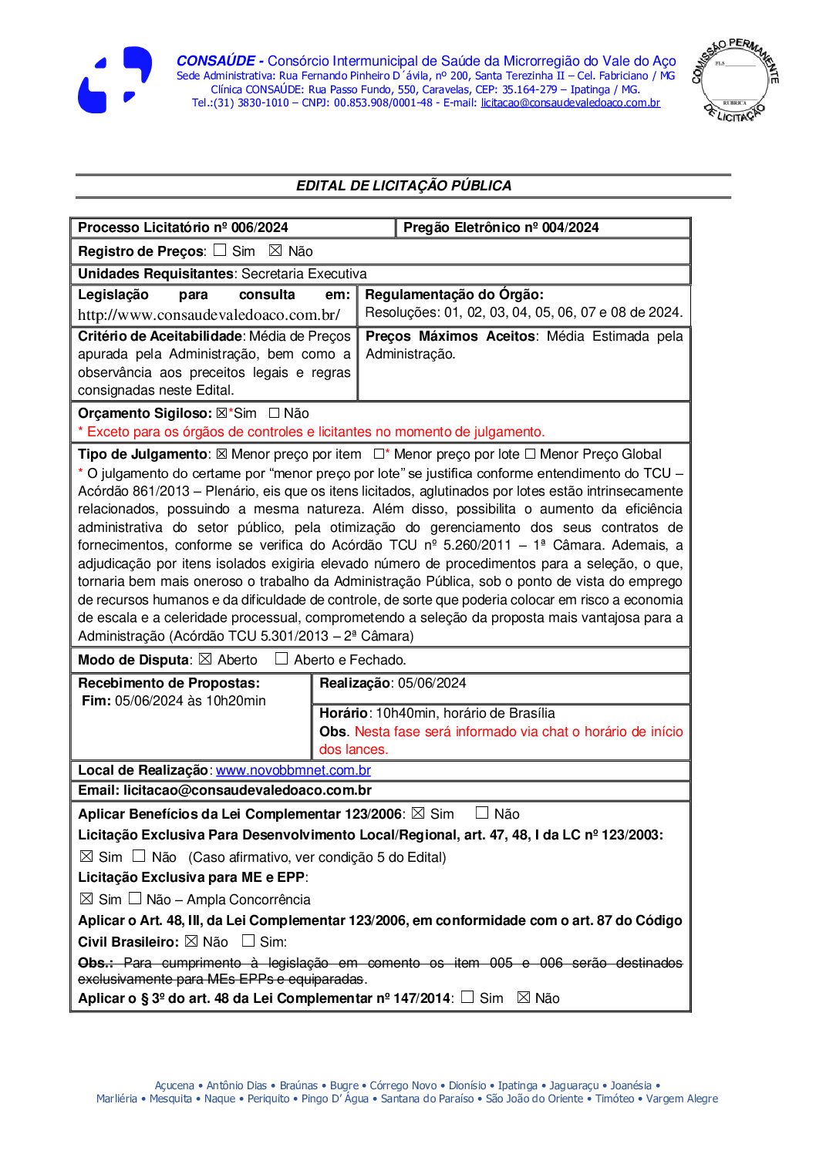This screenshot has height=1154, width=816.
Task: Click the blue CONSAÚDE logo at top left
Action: [115, 80]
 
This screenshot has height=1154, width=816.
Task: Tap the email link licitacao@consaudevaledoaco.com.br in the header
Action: [570, 103]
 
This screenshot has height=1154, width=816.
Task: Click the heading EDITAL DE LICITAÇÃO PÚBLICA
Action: [403, 186]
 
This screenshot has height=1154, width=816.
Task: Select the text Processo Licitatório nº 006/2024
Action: [183, 227]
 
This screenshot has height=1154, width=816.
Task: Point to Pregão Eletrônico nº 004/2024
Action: [501, 227]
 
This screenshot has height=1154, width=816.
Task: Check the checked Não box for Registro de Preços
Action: [275, 251]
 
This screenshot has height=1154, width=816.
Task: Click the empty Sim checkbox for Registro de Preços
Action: [220, 251]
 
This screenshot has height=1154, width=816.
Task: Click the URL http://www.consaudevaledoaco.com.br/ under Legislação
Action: [208, 315]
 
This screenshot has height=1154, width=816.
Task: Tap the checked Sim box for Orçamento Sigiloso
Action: [222, 413]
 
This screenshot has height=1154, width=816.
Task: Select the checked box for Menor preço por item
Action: [221, 454]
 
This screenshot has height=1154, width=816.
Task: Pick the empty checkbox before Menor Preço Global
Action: [530, 454]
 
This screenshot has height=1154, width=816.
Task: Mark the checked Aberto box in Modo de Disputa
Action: [205, 659]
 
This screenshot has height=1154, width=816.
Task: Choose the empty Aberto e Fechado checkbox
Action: [282, 659]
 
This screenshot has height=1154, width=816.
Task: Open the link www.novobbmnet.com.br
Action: [293, 770]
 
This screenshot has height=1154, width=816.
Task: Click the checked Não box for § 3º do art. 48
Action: [524, 998]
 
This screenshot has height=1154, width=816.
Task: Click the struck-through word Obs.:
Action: [96, 963]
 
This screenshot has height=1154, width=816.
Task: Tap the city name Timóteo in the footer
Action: [615, 1098]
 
